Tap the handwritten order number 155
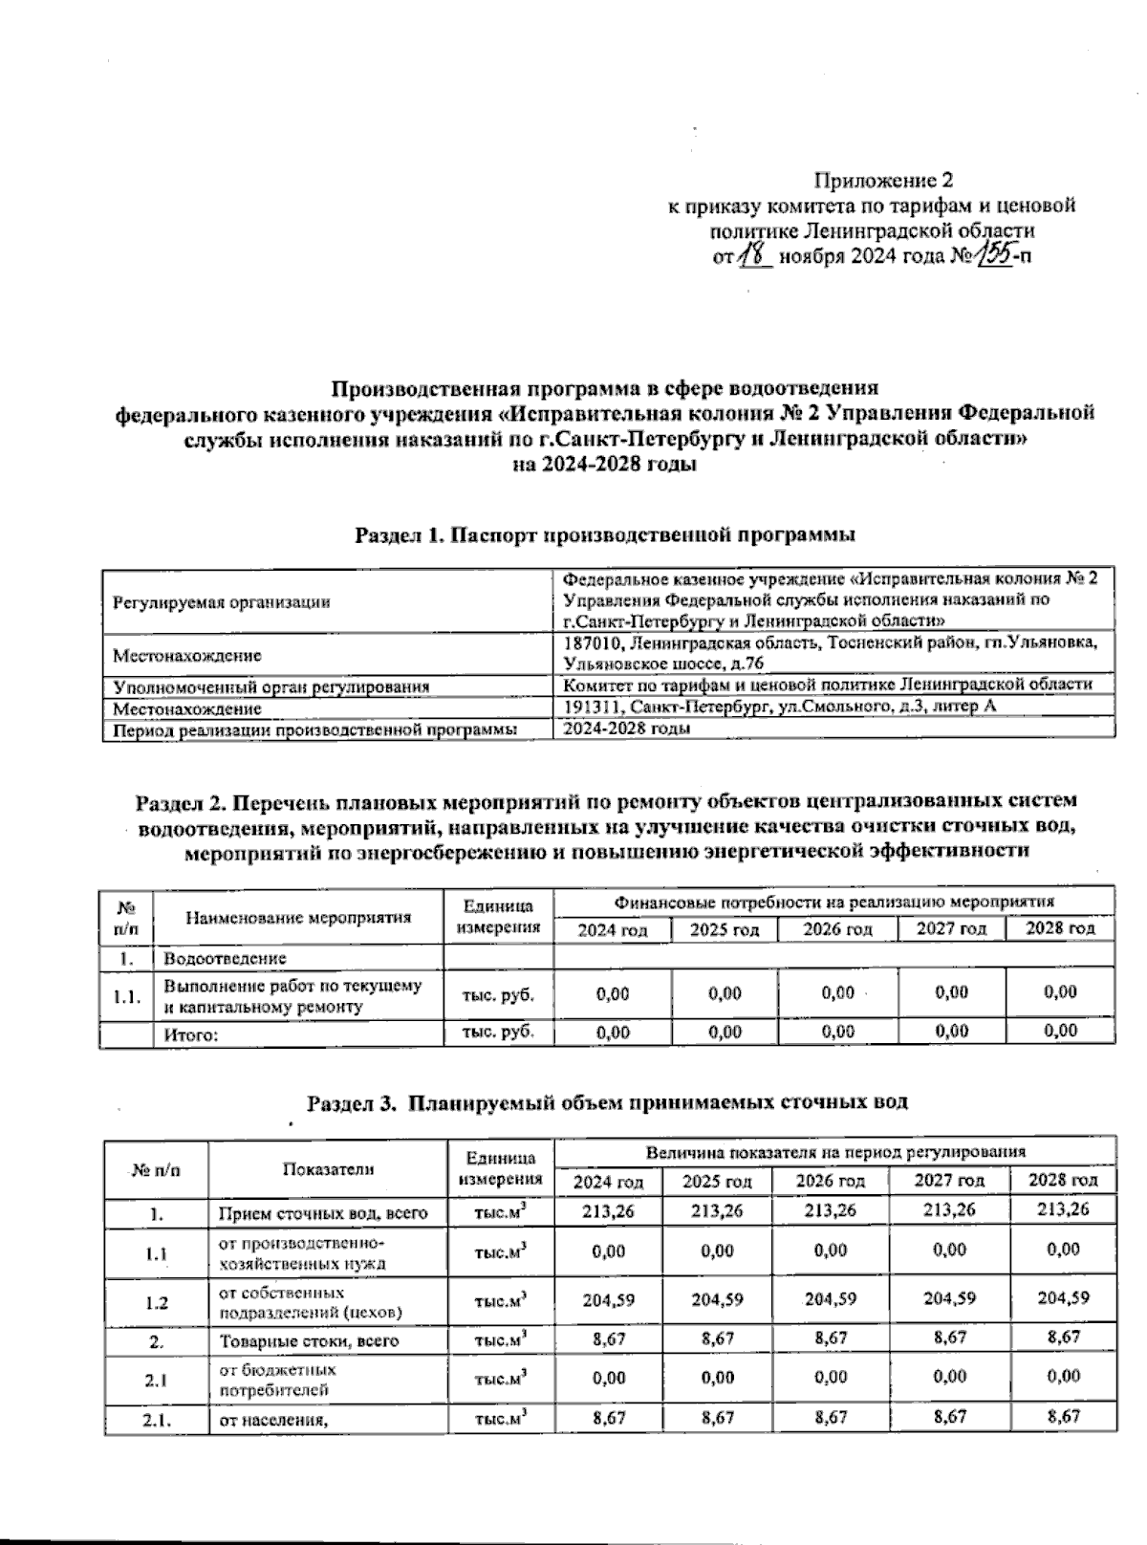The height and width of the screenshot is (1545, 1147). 996,253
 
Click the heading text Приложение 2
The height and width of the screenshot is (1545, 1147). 883,180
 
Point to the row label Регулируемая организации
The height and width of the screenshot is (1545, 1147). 222,602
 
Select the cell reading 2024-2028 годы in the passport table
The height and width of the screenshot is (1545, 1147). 628,728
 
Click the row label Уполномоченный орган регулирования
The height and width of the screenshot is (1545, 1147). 271,686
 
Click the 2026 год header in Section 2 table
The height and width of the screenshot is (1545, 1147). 837,929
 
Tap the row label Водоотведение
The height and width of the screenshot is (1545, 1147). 226,958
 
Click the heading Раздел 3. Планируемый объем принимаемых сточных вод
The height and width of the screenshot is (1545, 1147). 606,1102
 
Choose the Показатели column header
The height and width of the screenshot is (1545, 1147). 328,1168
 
